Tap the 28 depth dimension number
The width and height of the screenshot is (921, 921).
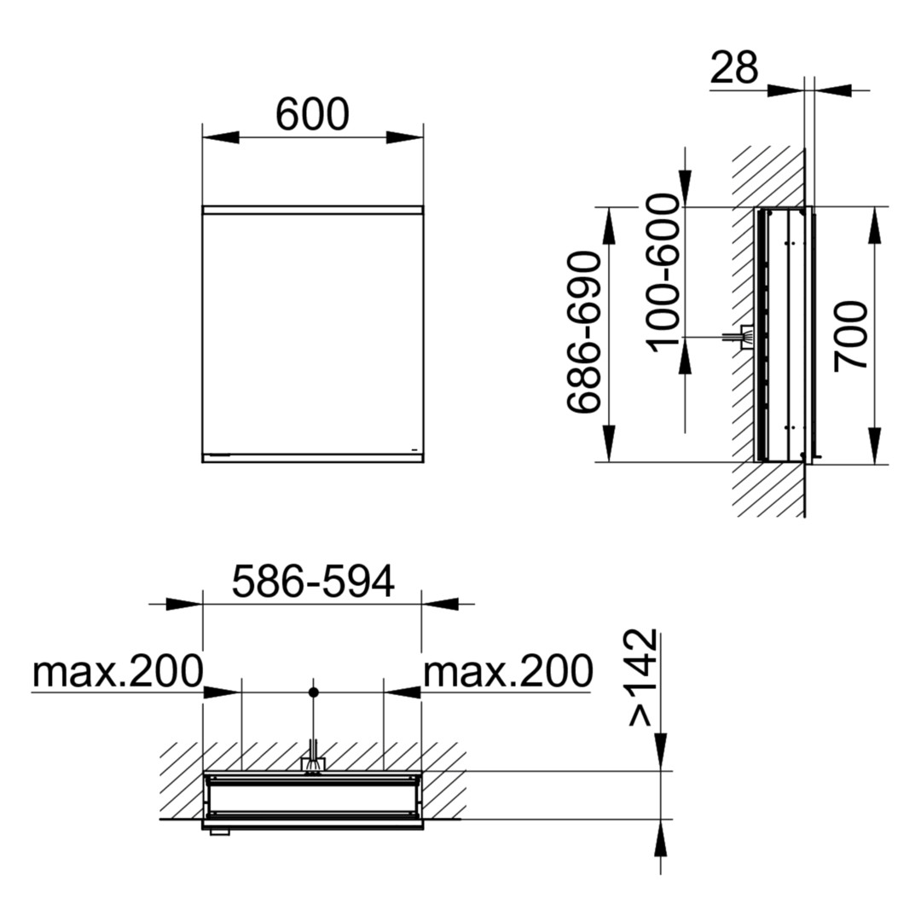pos(734,67)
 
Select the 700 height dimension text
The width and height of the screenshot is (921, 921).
pos(851,335)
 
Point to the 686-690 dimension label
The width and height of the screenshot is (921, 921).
pos(584,333)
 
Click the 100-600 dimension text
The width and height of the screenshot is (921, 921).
pos(663,273)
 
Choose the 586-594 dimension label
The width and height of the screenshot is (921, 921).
pos(313,582)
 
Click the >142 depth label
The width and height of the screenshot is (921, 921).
pos(642,677)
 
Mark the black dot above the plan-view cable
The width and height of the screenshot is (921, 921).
pos(314,692)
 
